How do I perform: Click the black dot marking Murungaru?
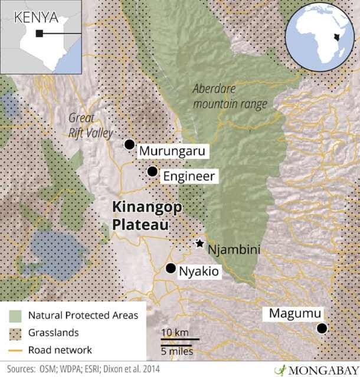pyautogui.click(x=129, y=145)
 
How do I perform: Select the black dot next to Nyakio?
pyautogui.click(x=171, y=268)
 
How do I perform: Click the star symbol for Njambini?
pyautogui.click(x=199, y=244)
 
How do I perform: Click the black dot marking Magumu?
pyautogui.click(x=322, y=329)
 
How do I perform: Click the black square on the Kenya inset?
pyautogui.click(x=38, y=34)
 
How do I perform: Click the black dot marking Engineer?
pyautogui.click(x=152, y=172)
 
